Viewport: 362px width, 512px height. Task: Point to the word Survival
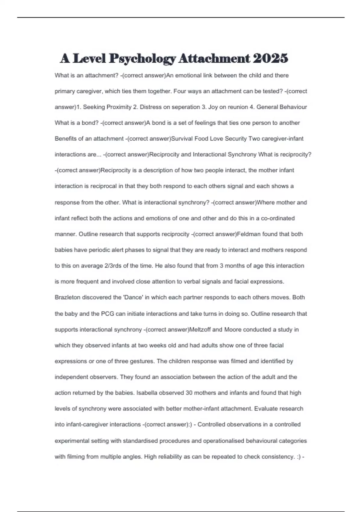pyautogui.click(x=182, y=139)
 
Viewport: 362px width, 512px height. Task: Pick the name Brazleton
pyautogui.click(x=67, y=297)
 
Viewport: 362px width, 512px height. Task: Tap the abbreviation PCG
pyautogui.click(x=107, y=314)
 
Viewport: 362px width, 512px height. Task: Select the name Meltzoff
pyautogui.click(x=200, y=329)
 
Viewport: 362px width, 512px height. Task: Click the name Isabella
pyautogui.click(x=147, y=393)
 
